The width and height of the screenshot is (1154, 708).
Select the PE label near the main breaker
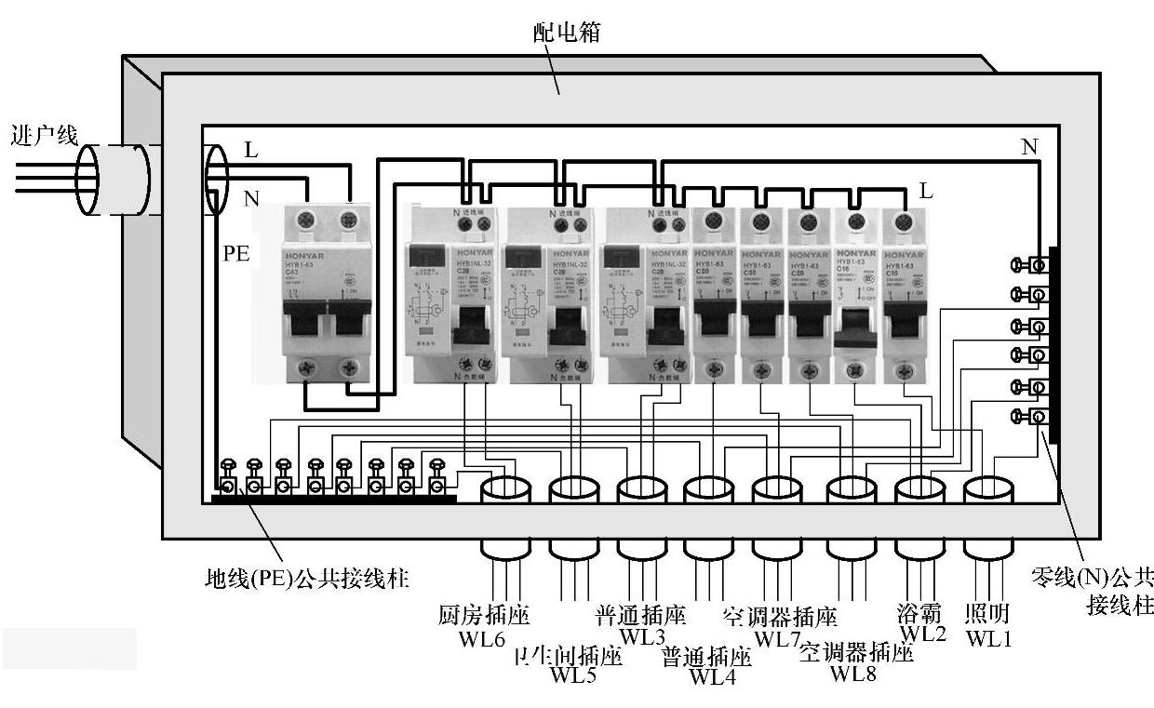[235, 253]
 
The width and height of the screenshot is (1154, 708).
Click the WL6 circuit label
[481, 640]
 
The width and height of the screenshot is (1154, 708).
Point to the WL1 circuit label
[987, 638]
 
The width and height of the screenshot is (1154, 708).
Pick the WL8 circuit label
[852, 673]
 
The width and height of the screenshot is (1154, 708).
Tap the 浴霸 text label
[919, 614]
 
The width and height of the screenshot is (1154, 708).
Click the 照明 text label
[987, 614]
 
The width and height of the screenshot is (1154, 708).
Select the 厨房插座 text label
[483, 616]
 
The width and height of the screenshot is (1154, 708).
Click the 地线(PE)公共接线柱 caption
[306, 579]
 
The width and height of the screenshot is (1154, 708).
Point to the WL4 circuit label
[713, 676]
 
